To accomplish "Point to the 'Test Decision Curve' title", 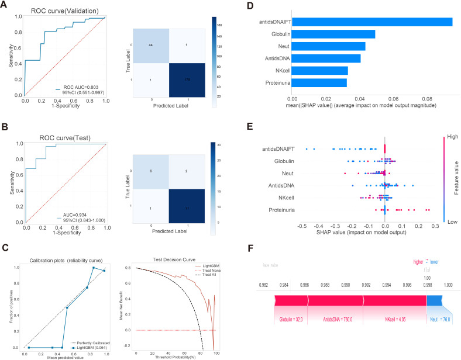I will [x=174, y=275].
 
